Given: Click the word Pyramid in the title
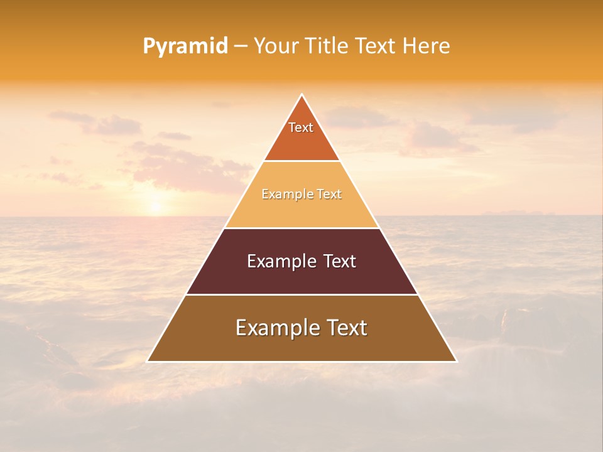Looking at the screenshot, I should click(185, 46).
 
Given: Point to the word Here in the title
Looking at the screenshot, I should click(426, 46).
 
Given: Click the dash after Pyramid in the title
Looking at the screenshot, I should click(241, 46).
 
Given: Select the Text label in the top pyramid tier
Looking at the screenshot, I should click(301, 127).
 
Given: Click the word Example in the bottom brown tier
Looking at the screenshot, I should click(272, 328).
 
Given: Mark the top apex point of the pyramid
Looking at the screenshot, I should click(302, 95).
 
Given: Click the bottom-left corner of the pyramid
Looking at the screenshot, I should click(148, 361).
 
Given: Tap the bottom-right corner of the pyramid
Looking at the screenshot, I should click(457, 361).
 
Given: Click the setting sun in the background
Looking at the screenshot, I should click(155, 207).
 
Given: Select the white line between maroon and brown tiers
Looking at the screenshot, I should click(302, 294).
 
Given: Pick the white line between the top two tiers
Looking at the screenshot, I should click(302, 161).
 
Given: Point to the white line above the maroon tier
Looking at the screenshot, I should click(302, 228).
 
